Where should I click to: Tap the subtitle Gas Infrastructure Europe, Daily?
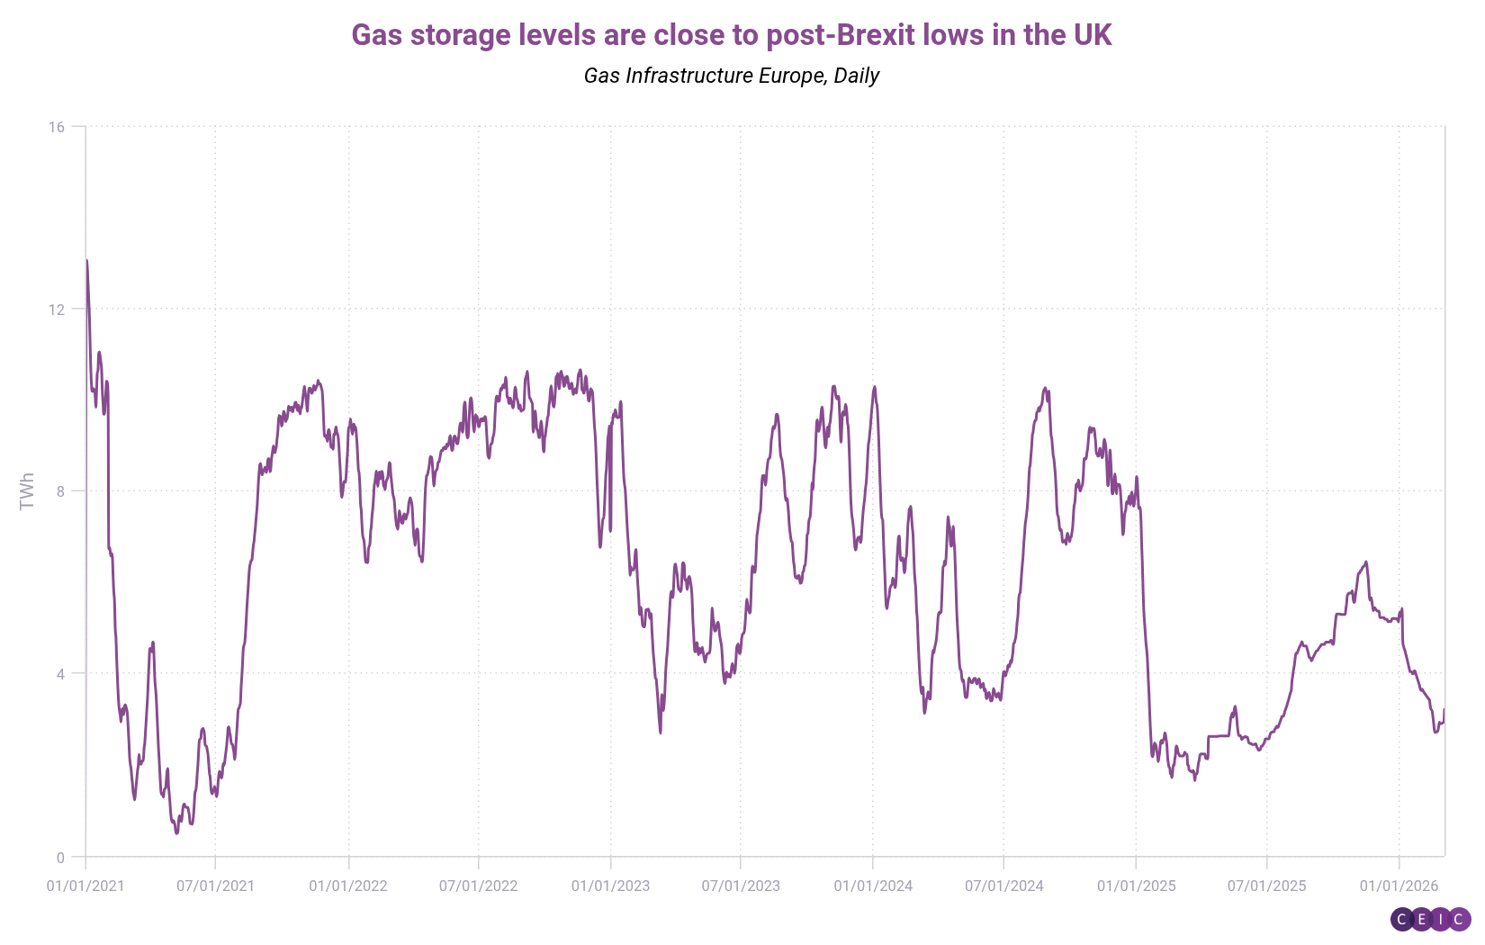pos(731,76)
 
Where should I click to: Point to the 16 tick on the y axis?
pos(57,127)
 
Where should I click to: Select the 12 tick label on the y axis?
pos(57,310)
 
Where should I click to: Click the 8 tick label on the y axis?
pos(60,491)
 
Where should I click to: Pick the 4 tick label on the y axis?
pos(60,674)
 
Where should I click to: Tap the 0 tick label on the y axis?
pos(60,858)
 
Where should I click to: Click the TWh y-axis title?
pos(27,491)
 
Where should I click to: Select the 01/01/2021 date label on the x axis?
pos(85,886)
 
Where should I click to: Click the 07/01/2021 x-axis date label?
pos(215,886)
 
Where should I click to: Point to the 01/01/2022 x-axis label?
pos(348,886)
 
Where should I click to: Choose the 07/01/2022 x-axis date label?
pos(478,886)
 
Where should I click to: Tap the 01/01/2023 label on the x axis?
pos(610,886)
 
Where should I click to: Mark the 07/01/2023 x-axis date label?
pos(741,886)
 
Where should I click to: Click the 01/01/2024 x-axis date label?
pos(873,886)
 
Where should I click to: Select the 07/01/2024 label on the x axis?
pos(1003,886)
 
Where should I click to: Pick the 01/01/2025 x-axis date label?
pos(1136,886)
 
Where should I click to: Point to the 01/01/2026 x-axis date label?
pos(1399,886)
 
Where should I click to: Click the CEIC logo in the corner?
pos(1430,919)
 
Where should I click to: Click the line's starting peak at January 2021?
pos(86,261)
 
